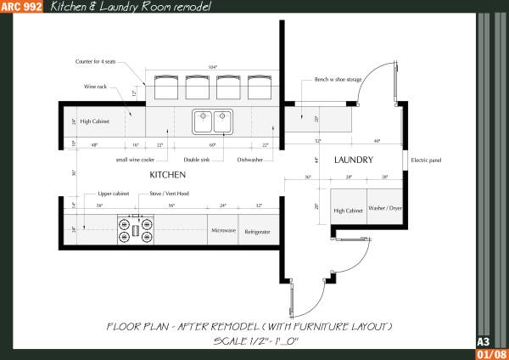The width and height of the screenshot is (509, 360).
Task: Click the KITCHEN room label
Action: [x=167, y=174]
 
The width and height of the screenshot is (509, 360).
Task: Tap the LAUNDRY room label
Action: [x=354, y=159]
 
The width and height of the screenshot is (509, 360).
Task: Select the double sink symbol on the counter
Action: [x=212, y=122]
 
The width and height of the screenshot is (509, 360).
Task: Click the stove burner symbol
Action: [x=136, y=227]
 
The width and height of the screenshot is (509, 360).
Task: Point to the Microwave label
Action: [x=224, y=230]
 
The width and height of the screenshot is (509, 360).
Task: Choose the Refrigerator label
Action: [x=258, y=230]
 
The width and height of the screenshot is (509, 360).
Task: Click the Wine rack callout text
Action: [x=95, y=85]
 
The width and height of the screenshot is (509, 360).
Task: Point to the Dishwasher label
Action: [x=249, y=159]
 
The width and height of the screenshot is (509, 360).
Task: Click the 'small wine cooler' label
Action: [x=134, y=159]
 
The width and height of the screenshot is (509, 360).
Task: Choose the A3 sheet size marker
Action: [x=484, y=341]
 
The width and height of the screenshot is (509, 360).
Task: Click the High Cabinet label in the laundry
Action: [x=348, y=210]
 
